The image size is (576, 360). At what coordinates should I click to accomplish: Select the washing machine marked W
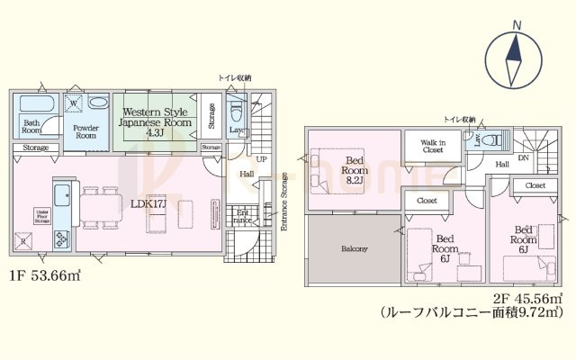click(75, 104)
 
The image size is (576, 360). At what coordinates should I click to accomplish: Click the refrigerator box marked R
click(23, 241)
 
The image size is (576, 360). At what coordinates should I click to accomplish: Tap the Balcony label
click(354, 249)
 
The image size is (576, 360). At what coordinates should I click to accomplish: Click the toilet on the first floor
click(237, 112)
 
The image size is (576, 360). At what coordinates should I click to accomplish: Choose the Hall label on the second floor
click(502, 164)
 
